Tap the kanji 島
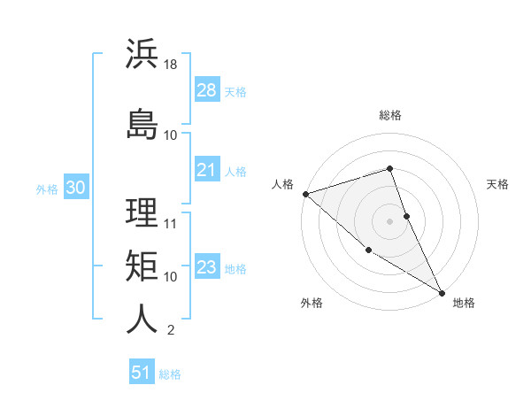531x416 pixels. point(142,123)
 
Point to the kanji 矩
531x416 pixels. point(142,266)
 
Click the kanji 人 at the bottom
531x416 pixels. point(142,319)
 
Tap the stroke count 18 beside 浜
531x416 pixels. point(172,65)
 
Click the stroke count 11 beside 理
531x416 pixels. point(172,223)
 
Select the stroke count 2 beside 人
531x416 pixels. point(171,330)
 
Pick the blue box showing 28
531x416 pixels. point(206,89)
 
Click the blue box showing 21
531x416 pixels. point(206,170)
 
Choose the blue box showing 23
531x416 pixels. point(206,267)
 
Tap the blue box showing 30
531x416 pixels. point(74,188)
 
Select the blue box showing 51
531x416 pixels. point(142,373)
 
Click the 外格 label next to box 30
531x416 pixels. point(47,189)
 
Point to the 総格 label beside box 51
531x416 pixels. point(170,374)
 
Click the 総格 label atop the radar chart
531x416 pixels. point(389,116)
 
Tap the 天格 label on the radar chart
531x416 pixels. point(497,184)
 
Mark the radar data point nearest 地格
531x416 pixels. point(442,292)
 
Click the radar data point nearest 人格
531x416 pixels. point(304,194)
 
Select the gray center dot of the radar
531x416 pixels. point(389,220)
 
